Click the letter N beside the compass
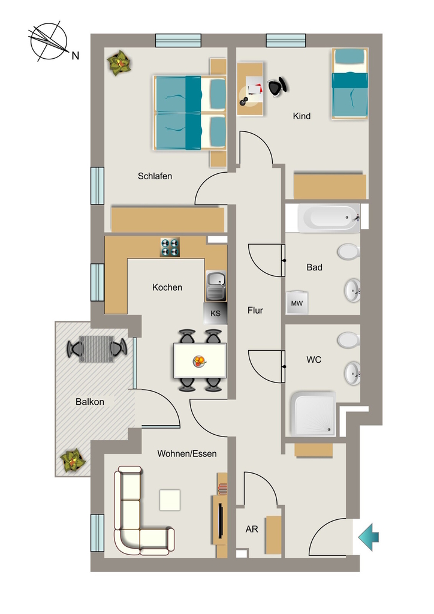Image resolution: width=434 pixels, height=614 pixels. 75,56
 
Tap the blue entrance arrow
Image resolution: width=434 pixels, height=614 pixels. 368,537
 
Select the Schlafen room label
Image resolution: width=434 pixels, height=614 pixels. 155,176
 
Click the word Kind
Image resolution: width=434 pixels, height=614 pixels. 302,116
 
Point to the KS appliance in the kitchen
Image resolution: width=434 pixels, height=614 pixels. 215,313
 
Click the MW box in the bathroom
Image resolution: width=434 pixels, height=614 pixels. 297,303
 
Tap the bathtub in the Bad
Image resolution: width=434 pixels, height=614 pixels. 328,218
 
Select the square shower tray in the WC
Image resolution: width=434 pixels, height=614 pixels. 313,414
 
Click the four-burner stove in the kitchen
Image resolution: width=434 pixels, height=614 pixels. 170,248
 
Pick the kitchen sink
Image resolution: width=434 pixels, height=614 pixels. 216,286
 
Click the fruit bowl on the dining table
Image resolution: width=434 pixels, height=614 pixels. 200,361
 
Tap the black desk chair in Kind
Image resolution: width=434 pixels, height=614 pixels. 278,86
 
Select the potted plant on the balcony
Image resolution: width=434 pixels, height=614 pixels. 73,461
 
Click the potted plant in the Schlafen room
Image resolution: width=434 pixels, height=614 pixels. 119,62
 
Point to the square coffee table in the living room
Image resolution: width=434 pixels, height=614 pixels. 170,500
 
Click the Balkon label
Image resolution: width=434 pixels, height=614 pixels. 90,402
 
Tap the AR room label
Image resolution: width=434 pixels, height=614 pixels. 252,529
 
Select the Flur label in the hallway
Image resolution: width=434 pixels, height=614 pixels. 255,311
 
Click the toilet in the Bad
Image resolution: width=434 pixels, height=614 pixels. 348,252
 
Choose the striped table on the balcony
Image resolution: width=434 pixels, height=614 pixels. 97,348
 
